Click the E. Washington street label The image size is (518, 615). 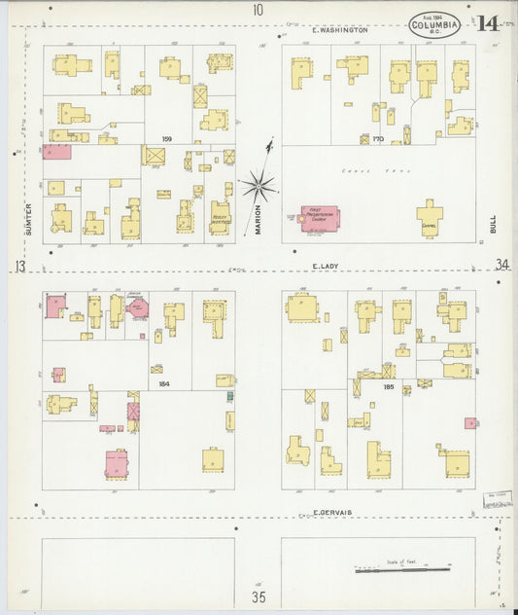(340, 30)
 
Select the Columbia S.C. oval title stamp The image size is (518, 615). (433, 24)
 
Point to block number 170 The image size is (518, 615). (379, 139)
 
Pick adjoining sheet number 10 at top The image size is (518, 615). (258, 10)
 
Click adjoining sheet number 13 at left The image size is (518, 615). (18, 265)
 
